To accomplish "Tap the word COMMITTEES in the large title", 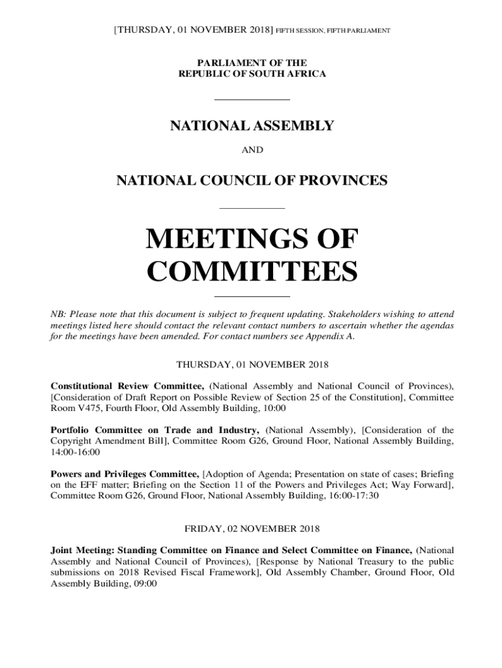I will (x=252, y=271).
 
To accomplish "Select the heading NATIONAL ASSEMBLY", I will (x=252, y=126).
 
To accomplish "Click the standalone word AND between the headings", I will (x=252, y=150).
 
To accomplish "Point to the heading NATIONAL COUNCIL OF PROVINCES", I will (x=252, y=180).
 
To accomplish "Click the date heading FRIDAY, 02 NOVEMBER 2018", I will (x=252, y=528).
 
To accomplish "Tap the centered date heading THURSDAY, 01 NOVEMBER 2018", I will (x=252, y=364).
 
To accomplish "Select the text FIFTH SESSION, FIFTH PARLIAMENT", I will (x=332, y=31).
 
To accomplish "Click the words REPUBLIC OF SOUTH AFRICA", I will (x=252, y=74).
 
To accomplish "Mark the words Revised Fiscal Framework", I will (x=197, y=572).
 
